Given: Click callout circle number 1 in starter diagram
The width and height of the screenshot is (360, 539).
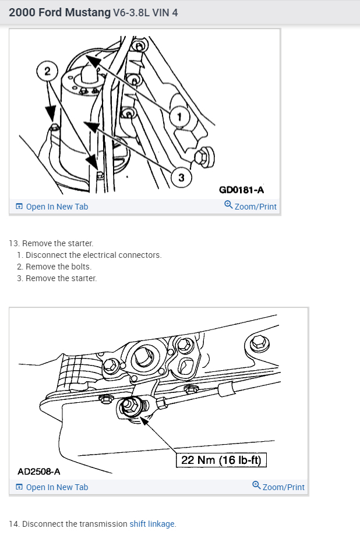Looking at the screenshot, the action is (179, 117).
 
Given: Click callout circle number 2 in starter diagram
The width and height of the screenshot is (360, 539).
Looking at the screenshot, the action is (47, 71).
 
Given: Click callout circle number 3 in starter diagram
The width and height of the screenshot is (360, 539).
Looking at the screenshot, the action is (181, 178).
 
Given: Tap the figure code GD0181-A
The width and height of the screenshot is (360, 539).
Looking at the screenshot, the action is (241, 189).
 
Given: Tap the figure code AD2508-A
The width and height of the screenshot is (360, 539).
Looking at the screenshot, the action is (39, 471).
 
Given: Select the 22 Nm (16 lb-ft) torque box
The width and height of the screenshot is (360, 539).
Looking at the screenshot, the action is (221, 460).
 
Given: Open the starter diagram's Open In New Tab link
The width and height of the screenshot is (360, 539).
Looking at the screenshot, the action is (52, 207).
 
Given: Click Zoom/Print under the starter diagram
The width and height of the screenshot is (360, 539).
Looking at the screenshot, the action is (255, 207).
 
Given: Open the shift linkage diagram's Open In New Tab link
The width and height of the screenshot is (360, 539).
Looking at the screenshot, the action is (52, 487).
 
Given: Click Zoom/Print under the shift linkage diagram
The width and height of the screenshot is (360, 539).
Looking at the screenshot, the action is (283, 487).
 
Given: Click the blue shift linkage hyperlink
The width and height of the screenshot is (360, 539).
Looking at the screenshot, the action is (152, 524).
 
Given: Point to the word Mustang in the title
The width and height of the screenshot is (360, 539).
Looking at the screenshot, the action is (88, 12).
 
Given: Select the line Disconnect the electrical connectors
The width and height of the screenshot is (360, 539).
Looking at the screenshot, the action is (93, 255).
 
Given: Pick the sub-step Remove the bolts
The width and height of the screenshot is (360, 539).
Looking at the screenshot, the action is (58, 267).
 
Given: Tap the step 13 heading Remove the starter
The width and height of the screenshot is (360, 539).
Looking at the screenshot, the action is (58, 243).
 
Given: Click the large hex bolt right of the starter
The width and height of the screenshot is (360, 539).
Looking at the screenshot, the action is (204, 157).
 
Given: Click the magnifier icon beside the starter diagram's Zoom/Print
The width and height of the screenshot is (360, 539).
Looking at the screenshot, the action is (228, 205).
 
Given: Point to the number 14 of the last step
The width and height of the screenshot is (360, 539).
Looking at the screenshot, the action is (13, 524).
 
